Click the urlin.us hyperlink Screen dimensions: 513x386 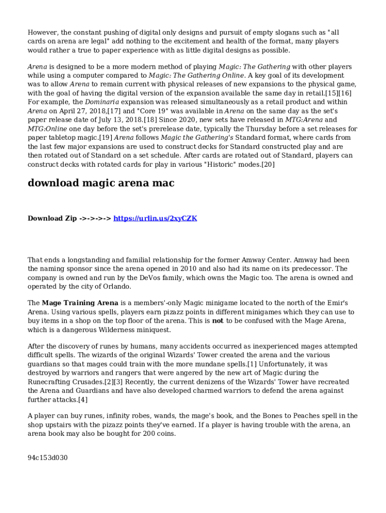click(155, 218)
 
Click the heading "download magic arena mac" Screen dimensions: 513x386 click(101, 183)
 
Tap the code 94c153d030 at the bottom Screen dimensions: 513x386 click(48, 458)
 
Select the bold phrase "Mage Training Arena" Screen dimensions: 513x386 click(80, 303)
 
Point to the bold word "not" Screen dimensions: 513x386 click(218, 321)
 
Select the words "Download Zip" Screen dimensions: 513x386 click(52, 218)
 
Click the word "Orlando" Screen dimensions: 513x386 click(116, 287)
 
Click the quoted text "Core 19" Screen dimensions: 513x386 click(152, 111)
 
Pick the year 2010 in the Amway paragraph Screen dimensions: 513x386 click(186, 269)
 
